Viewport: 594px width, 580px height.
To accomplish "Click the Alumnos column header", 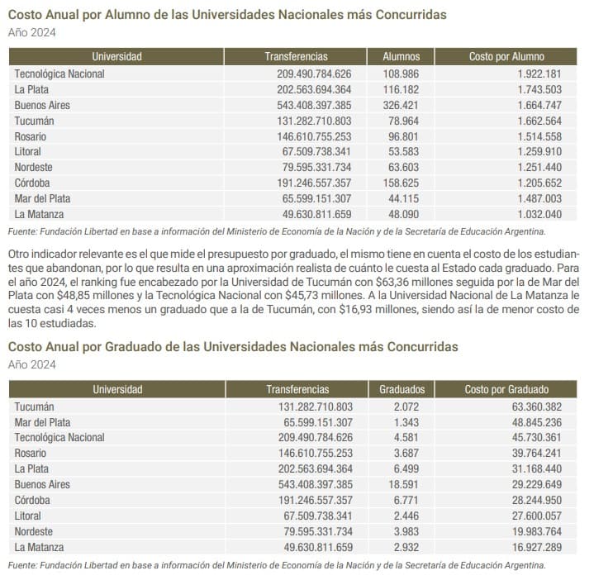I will pyautogui.click(x=401, y=57).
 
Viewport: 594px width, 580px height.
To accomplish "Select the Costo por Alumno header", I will pyautogui.click(x=506, y=57).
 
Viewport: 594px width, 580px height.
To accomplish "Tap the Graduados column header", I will pyautogui.click(x=402, y=389).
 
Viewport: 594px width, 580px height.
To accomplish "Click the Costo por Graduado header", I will pyautogui.click(x=506, y=389).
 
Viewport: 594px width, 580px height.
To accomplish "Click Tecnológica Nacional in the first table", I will pyautogui.click(x=59, y=74).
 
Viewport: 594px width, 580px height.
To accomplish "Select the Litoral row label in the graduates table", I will pyautogui.click(x=30, y=516).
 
